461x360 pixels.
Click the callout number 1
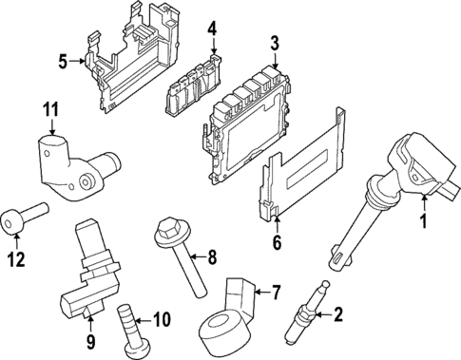pos(424,224)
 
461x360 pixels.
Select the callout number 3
pos(275,42)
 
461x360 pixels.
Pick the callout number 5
pos(62,62)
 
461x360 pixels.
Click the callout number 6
pos(276,242)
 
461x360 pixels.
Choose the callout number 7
pos(277,291)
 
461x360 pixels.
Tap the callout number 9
pos(91,340)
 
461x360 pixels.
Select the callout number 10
pos(161,319)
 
